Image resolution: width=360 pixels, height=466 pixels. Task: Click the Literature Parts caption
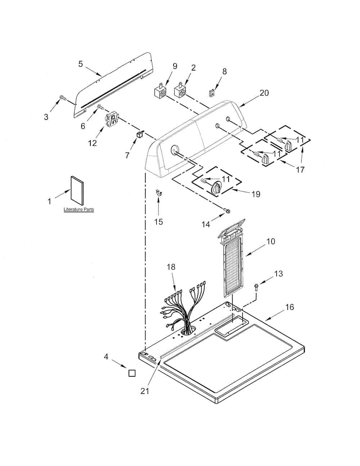point(78,209)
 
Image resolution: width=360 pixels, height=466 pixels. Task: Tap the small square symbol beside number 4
point(132,373)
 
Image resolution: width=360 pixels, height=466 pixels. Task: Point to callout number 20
point(264,93)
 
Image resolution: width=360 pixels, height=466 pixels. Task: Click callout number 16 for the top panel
point(289,307)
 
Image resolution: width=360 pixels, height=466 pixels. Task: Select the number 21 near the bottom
point(145,391)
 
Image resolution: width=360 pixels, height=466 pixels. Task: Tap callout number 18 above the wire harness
point(171,267)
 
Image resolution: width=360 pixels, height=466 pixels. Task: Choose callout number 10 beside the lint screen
point(270,241)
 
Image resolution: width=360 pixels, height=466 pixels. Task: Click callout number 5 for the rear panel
point(81,64)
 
